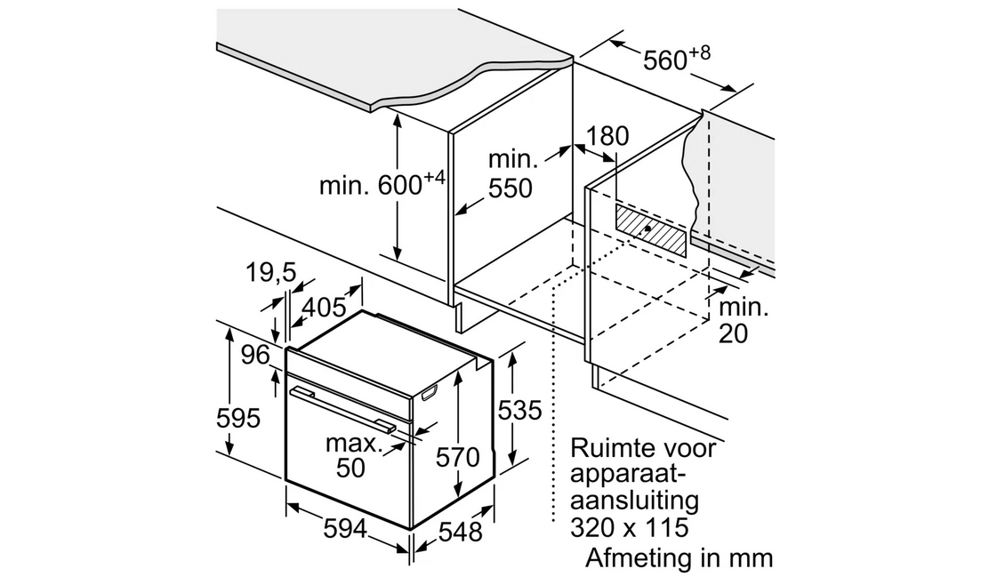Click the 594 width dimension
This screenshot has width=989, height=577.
[345, 528]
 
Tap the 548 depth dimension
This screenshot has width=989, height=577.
[461, 532]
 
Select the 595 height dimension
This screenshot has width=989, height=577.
[237, 418]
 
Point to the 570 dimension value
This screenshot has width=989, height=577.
[458, 457]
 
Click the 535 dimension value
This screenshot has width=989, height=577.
[519, 411]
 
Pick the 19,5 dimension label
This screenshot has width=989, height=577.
[270, 272]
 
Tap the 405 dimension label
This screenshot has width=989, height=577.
[325, 307]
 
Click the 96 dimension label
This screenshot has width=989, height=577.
[255, 356]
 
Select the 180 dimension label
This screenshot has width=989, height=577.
[607, 136]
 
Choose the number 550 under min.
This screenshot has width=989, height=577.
[511, 188]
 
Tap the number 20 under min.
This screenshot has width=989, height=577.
[733, 333]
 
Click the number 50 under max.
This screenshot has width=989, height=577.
[350, 468]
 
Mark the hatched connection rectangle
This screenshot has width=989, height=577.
[650, 230]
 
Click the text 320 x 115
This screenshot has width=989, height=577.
[629, 527]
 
